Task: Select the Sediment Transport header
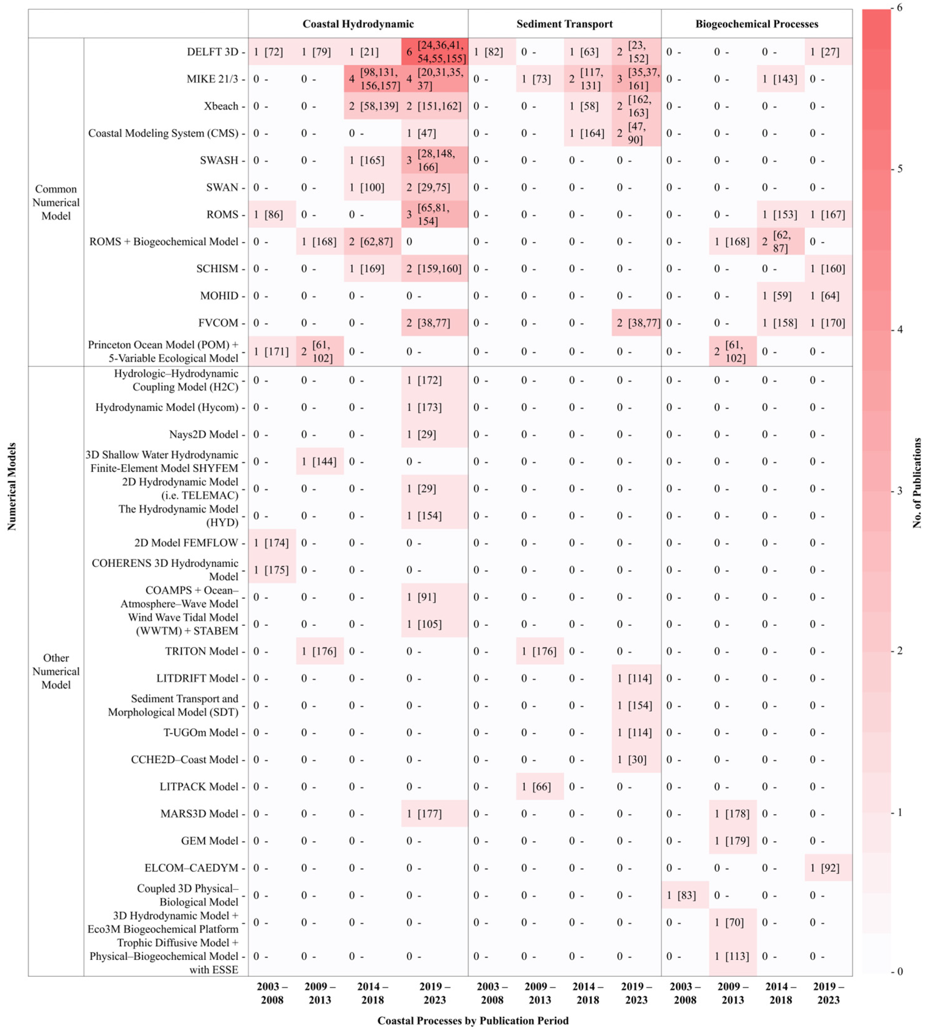tap(565, 24)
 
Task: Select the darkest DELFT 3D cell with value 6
tap(435, 51)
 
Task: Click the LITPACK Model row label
tap(199, 786)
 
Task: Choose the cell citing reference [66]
tap(540, 786)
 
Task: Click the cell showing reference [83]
tap(685, 895)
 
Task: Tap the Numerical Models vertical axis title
tap(12, 487)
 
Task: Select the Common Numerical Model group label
tap(56, 202)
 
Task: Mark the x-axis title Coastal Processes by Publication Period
tap(473, 1020)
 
